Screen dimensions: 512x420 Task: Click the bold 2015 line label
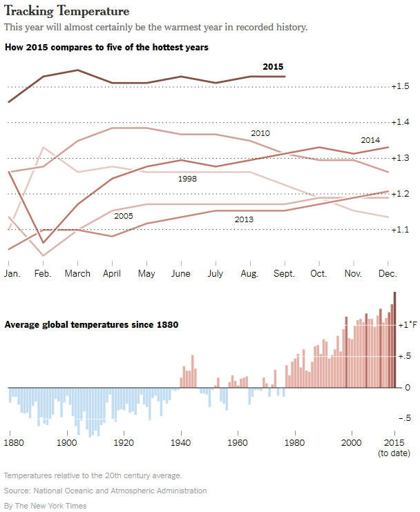274,66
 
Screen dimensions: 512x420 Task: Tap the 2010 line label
260,132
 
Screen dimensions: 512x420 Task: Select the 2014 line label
371,139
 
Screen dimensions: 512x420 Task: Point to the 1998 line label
189,179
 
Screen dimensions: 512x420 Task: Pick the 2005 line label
124,216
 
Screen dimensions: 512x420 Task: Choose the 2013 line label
244,219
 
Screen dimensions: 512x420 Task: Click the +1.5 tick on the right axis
401,86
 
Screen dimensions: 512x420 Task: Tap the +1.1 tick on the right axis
401,230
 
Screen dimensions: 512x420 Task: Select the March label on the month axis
77,273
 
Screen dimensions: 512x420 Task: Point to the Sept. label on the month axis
283,273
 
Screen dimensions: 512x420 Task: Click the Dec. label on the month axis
387,273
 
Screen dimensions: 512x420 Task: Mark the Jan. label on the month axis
12,273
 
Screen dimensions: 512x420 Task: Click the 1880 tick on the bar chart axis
13,442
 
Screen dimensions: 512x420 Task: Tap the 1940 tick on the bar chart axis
181,442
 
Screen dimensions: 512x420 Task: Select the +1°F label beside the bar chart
408,324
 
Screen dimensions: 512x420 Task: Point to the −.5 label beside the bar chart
406,418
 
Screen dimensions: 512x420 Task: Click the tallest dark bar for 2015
395,339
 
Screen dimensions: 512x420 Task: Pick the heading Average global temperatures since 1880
92,324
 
